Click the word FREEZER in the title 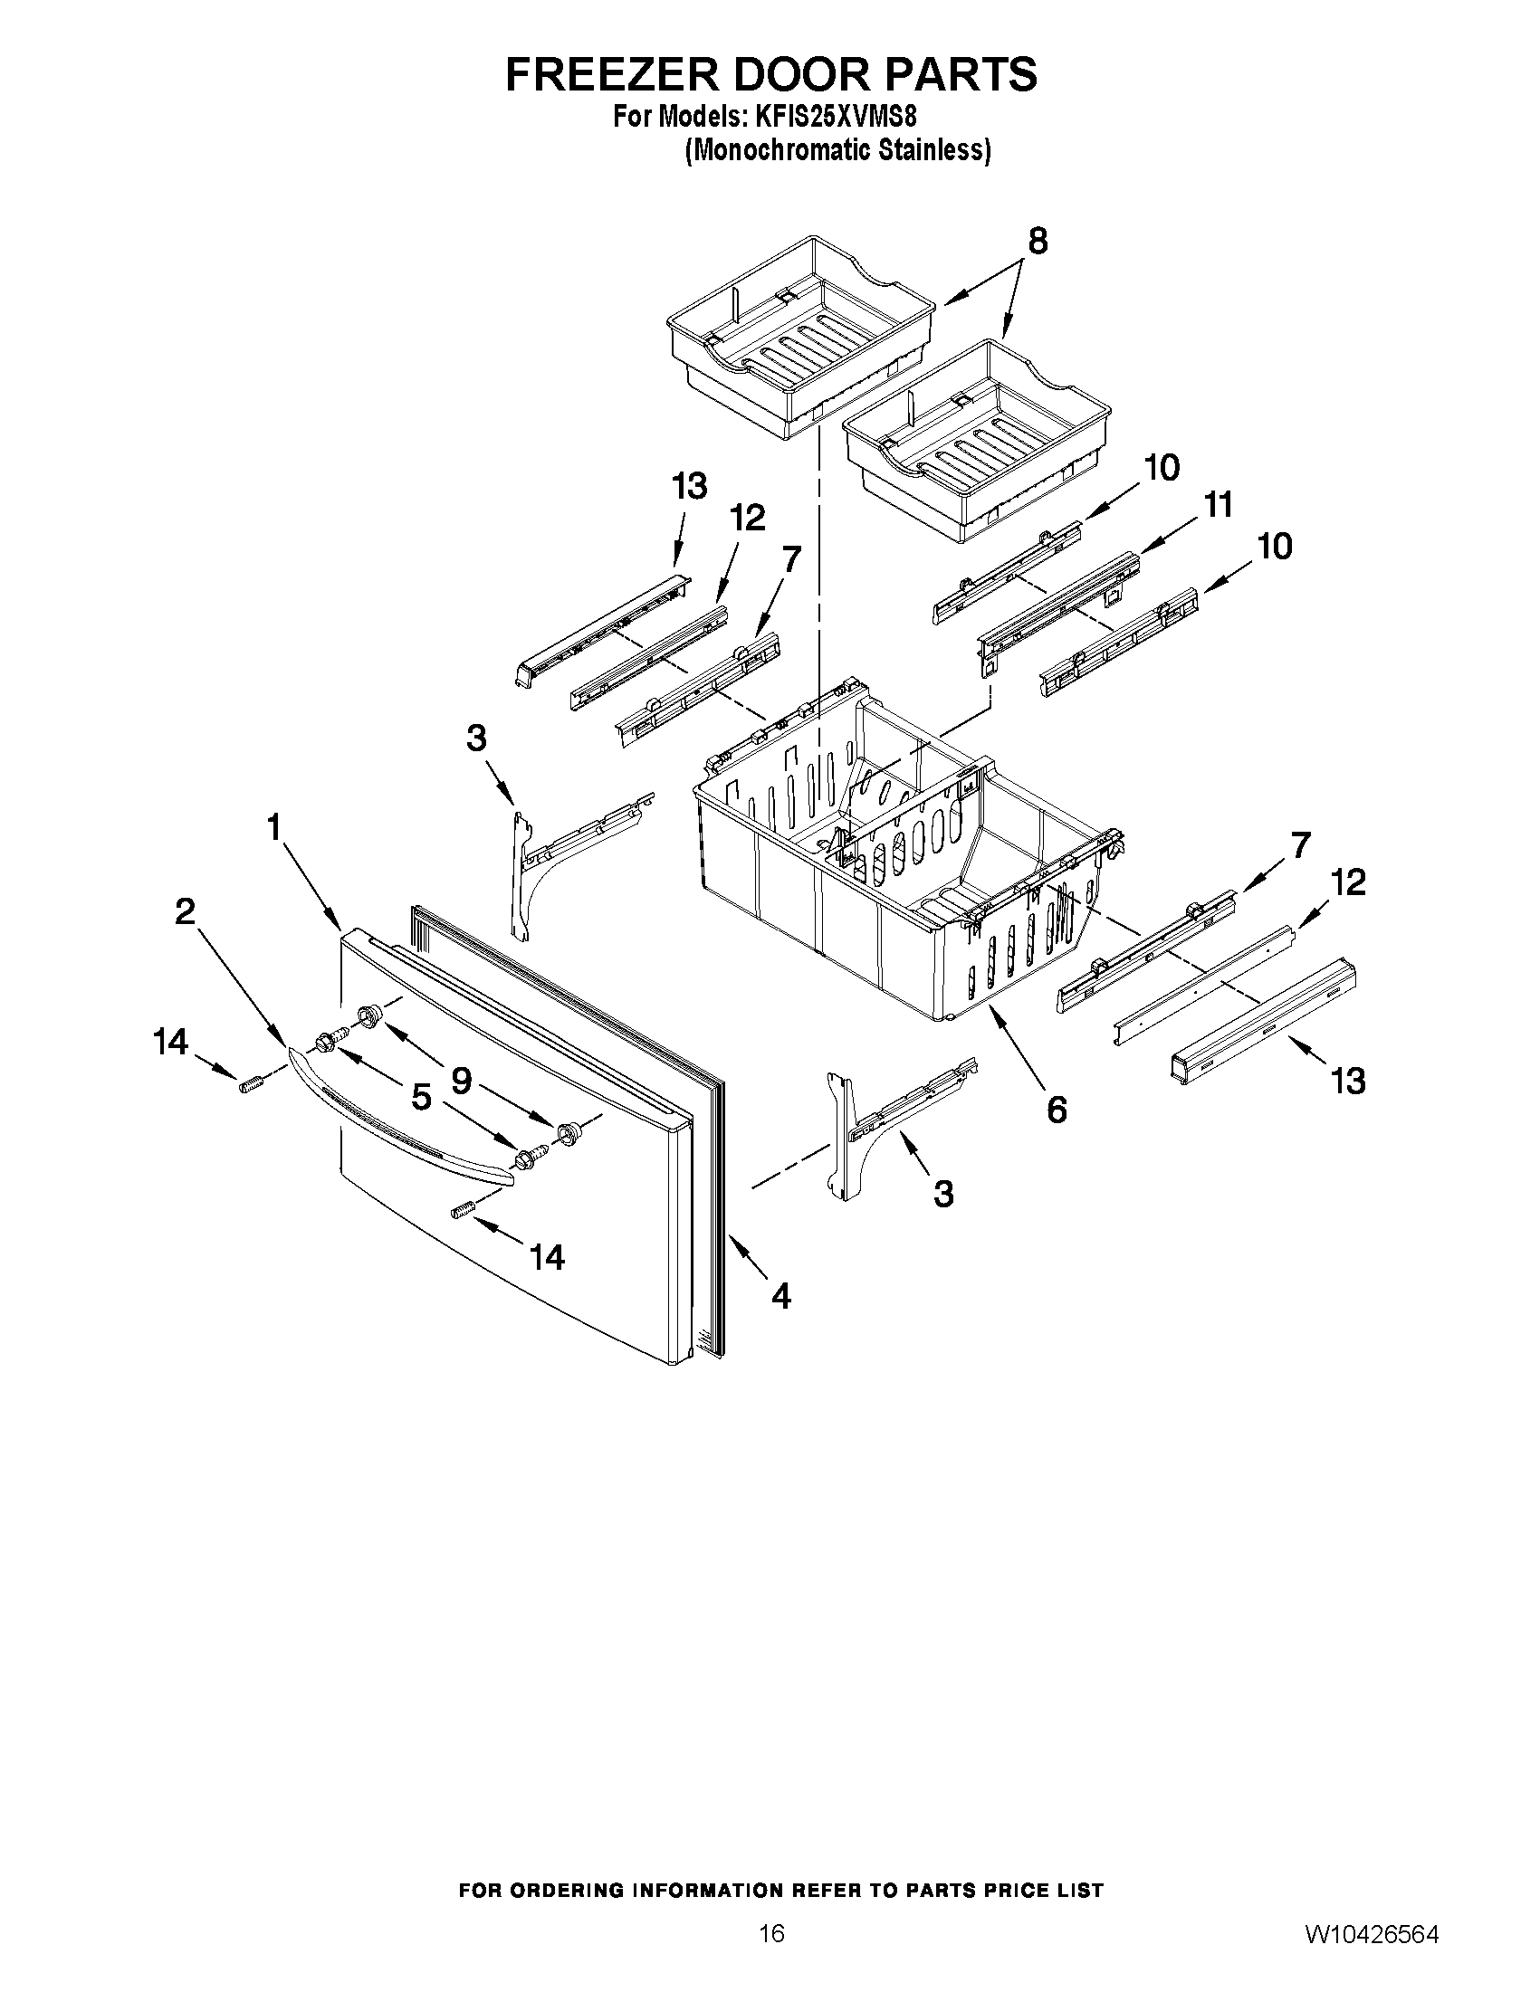tap(610, 75)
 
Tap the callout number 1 tap(273, 827)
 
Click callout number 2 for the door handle tap(186, 910)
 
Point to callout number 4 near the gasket tap(781, 1295)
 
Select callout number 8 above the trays tap(1038, 242)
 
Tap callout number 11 tap(1217, 504)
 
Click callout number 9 tap(462, 1081)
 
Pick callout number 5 tap(421, 1098)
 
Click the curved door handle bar tap(401, 1119)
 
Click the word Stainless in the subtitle tap(933, 150)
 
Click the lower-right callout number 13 tap(1348, 1081)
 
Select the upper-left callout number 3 tap(476, 738)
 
